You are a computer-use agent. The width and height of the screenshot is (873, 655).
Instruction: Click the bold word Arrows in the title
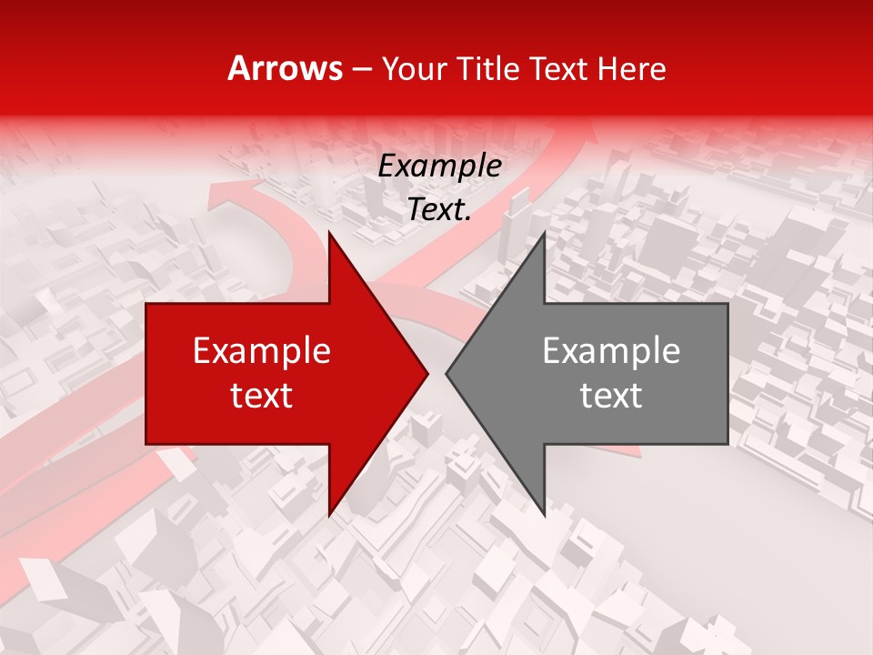point(286,68)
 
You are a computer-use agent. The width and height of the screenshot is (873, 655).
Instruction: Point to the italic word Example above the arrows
point(440,166)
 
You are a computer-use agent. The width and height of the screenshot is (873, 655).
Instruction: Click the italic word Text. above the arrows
point(440,209)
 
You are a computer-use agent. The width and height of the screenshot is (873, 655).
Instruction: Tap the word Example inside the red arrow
point(262,351)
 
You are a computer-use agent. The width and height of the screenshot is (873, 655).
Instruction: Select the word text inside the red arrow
point(262,395)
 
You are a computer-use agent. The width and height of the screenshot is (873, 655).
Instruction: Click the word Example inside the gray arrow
point(611,351)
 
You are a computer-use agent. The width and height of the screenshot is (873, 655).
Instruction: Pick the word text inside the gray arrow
point(611,395)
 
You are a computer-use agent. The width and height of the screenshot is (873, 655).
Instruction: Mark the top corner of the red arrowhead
point(329,233)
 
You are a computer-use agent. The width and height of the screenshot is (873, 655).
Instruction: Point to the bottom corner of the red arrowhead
point(329,515)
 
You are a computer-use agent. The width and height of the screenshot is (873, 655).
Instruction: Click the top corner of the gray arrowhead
point(544,233)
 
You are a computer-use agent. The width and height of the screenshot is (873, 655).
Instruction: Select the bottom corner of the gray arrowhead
point(544,515)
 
